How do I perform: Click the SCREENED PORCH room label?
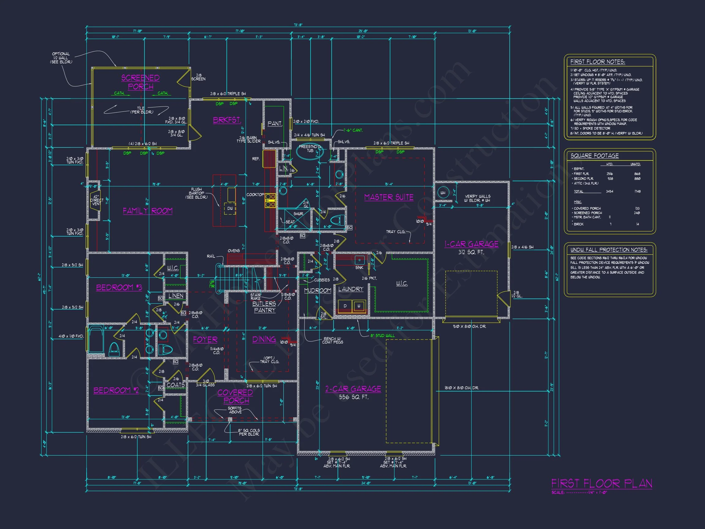(x=140, y=82)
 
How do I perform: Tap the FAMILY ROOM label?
(x=147, y=211)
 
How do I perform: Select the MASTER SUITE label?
(x=389, y=197)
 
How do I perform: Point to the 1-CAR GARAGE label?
(x=472, y=244)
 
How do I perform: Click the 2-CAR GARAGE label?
(x=353, y=389)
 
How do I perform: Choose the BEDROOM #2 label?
(x=116, y=391)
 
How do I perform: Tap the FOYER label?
(x=205, y=340)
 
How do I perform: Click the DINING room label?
(x=264, y=340)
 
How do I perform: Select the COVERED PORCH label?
(x=235, y=397)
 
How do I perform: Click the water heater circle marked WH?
(x=443, y=193)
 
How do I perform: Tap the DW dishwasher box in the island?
(x=230, y=208)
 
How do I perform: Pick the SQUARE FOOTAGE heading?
(x=595, y=156)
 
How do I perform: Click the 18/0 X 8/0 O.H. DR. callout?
(x=461, y=388)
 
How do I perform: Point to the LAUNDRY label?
(x=351, y=289)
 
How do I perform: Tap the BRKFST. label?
(x=227, y=120)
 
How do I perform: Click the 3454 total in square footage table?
(x=610, y=191)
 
